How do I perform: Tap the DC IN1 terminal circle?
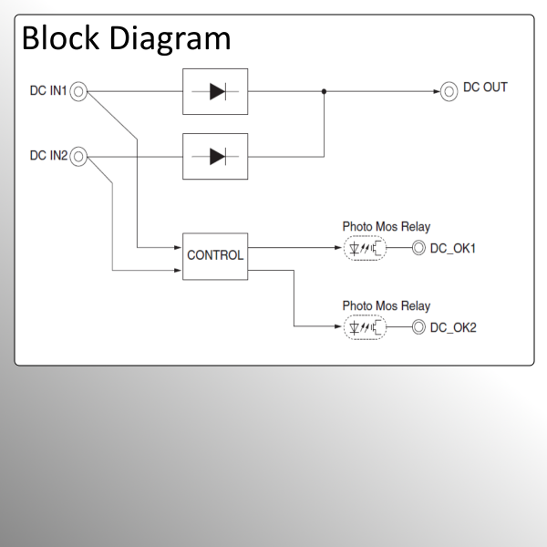click(79, 91)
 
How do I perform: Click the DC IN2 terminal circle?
click(79, 156)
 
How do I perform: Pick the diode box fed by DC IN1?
click(215, 91)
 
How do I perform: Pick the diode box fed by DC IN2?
click(215, 156)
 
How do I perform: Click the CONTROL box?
click(215, 254)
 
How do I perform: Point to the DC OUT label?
click(485, 88)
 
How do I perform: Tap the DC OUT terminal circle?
click(449, 91)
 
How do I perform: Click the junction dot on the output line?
click(324, 91)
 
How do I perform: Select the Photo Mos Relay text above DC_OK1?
click(386, 226)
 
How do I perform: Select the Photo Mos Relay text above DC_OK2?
click(386, 306)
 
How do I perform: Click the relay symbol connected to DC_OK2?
click(365, 326)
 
